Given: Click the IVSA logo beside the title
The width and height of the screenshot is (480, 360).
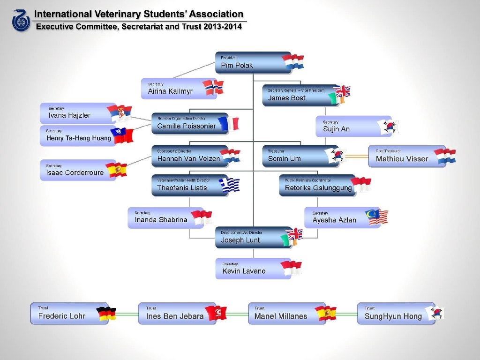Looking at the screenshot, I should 21,21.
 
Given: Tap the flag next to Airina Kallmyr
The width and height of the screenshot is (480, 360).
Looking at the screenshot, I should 213,87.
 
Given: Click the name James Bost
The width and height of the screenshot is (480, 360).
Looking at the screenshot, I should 287,98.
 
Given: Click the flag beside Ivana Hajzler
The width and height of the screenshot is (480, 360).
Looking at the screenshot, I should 119,113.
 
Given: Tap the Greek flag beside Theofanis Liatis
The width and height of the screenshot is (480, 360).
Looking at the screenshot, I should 230,185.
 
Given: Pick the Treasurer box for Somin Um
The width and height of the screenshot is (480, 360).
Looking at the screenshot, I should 295,156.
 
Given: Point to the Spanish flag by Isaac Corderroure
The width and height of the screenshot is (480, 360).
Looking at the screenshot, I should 116,170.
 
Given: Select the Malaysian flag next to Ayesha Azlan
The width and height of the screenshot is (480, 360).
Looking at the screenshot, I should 378,217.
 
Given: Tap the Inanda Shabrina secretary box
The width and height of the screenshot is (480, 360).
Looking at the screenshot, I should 162,217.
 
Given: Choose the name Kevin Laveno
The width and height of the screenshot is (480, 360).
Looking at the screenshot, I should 244,271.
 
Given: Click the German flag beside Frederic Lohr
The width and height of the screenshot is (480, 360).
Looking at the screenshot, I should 106,314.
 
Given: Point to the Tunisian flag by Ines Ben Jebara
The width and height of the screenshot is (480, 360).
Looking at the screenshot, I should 217,313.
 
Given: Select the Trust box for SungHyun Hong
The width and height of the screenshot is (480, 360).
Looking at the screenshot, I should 394,314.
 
